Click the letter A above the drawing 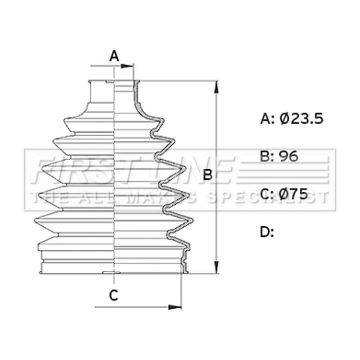[114, 56]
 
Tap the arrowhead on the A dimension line [127, 66]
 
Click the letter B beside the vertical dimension [208, 175]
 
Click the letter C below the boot [114, 295]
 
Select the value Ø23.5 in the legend [301, 119]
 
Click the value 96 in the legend [288, 156]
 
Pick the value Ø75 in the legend [293, 194]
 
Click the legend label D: [267, 232]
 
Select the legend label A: [267, 119]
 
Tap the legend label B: [267, 156]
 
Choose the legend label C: [267, 194]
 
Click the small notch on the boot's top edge [109, 81]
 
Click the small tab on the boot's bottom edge [111, 273]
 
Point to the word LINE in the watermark [188, 170]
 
